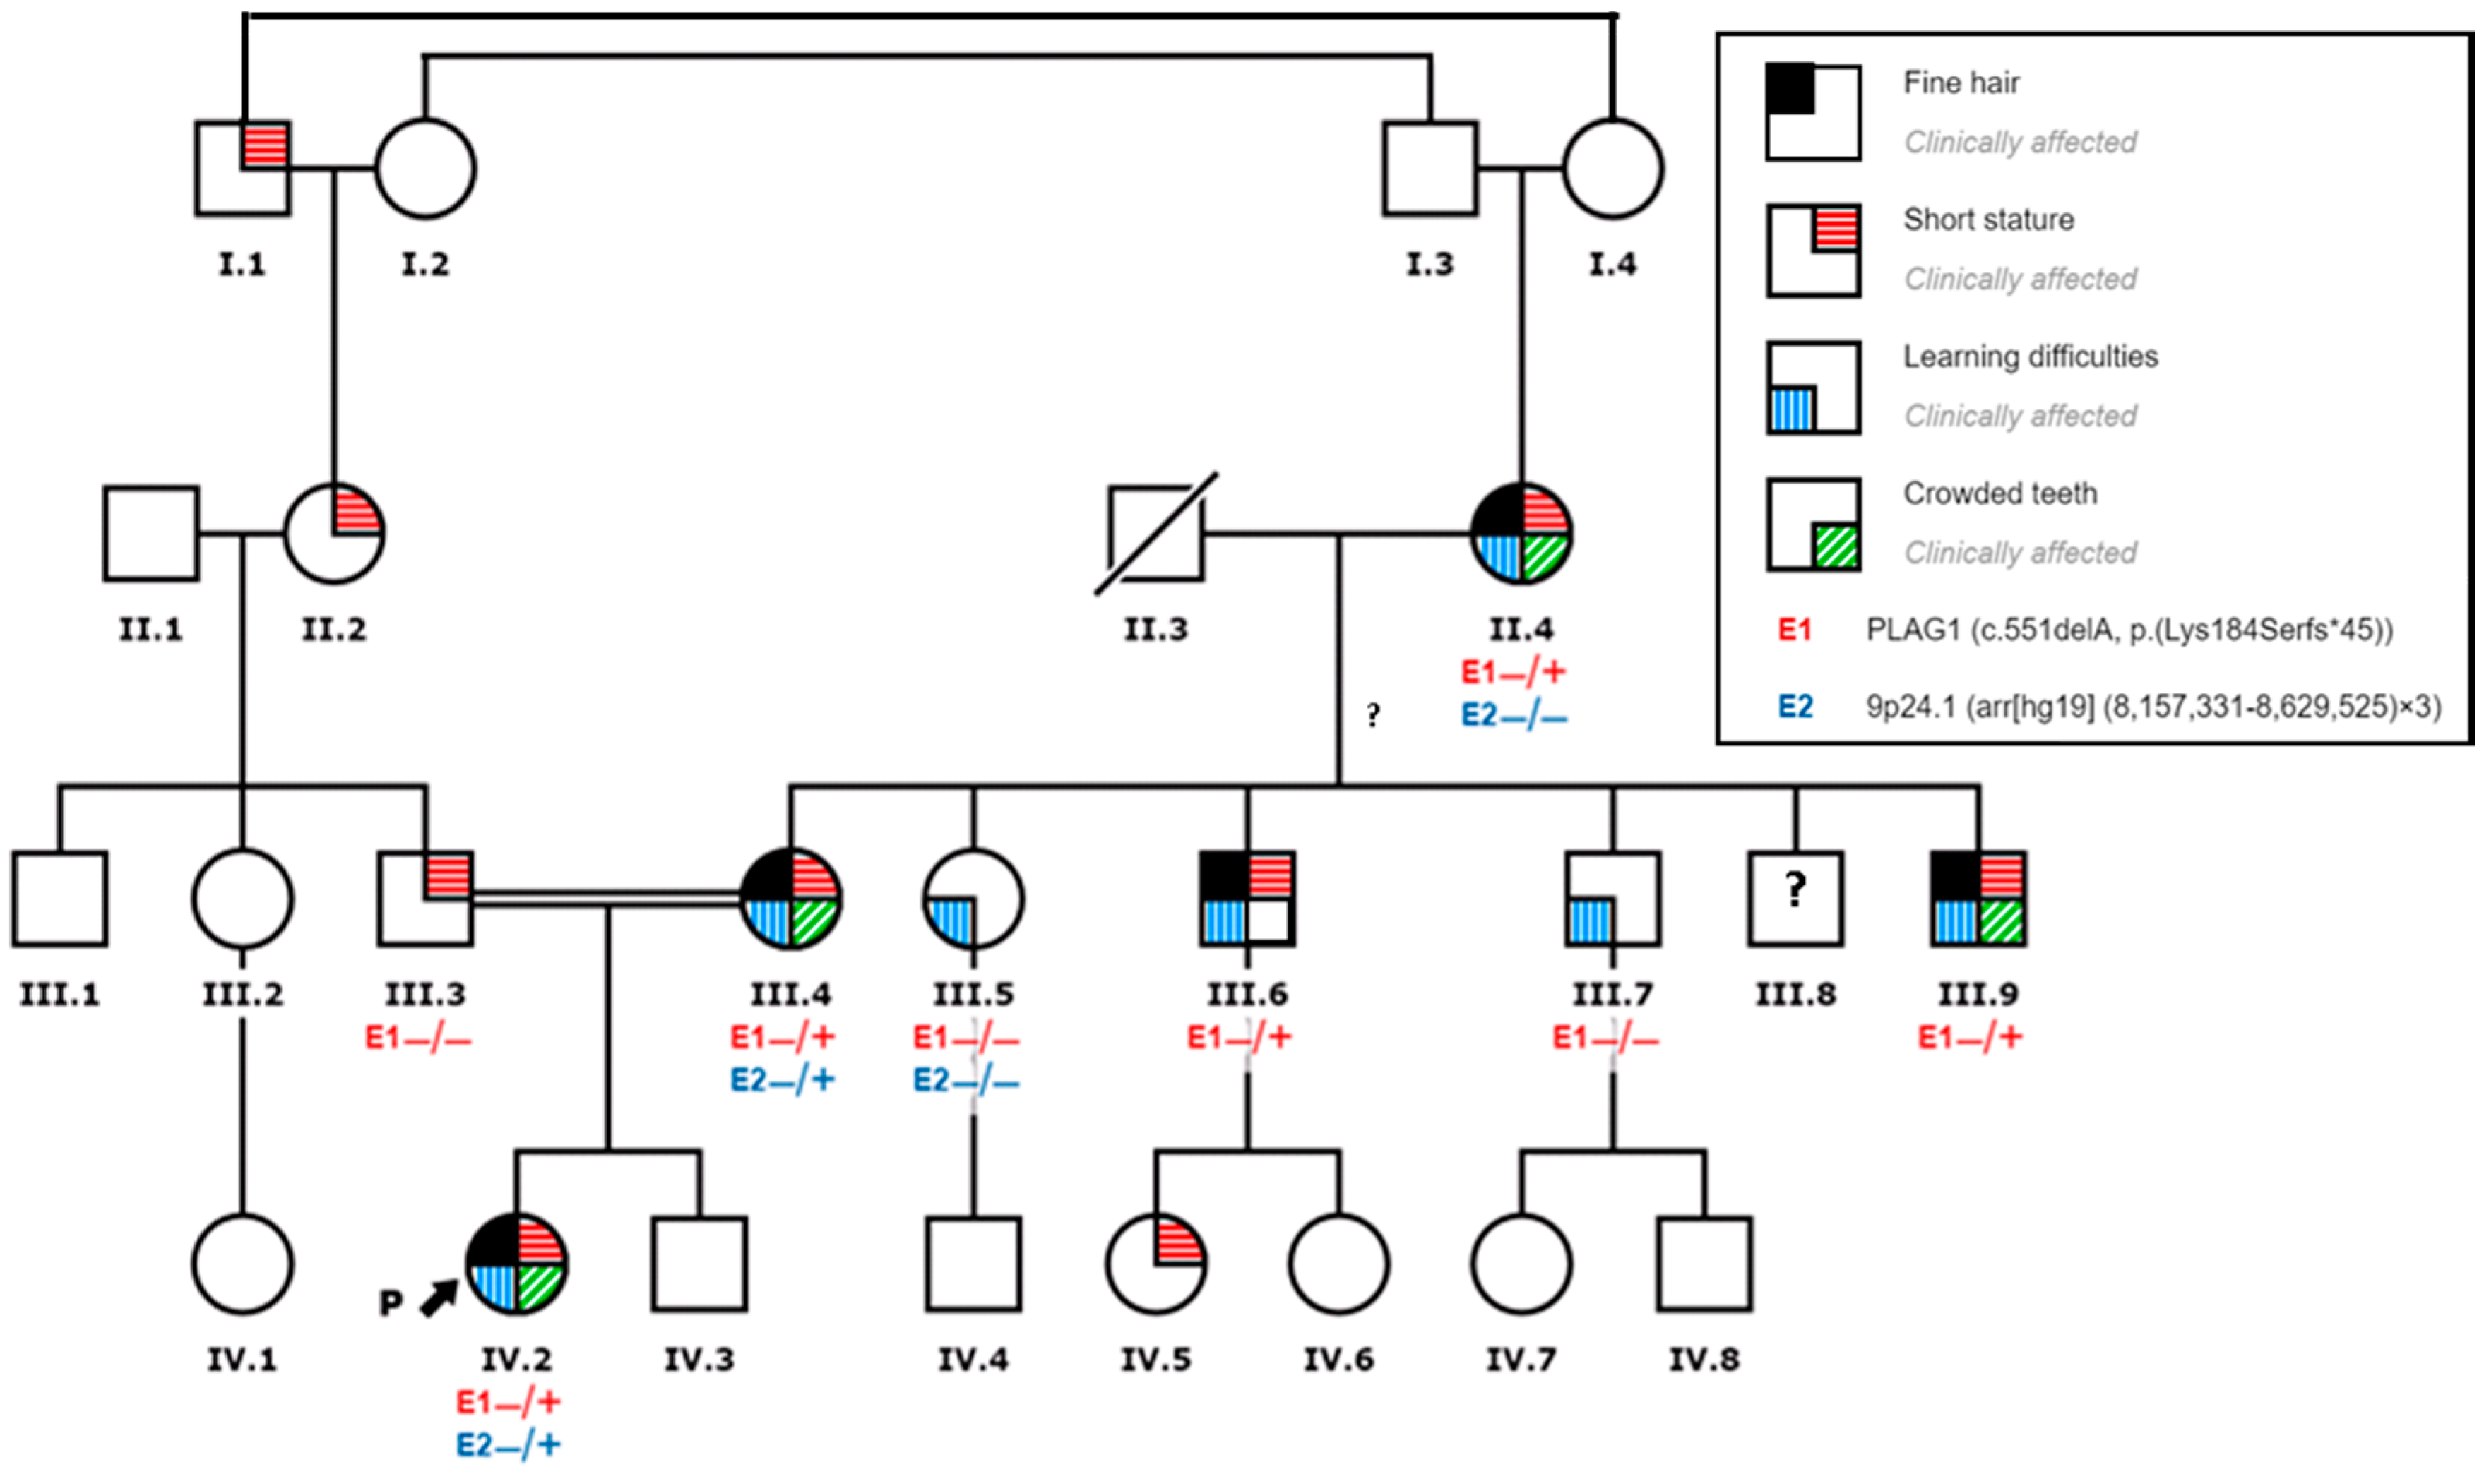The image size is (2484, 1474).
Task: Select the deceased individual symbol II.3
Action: (1155, 534)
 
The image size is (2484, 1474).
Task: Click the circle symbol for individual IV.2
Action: (517, 1264)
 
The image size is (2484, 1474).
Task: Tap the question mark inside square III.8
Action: (1795, 889)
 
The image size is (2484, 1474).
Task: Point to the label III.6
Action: (1247, 994)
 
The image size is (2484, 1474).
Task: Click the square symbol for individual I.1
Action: (242, 169)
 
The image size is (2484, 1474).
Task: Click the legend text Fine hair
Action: (1961, 83)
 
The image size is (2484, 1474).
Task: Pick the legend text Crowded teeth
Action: (1999, 493)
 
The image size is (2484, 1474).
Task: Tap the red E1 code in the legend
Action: (1795, 630)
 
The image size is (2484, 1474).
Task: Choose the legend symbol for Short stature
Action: (1812, 251)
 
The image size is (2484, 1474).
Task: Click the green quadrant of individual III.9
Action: (2001, 922)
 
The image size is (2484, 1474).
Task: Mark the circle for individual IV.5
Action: (1155, 1264)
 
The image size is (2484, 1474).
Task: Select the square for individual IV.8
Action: (1704, 1264)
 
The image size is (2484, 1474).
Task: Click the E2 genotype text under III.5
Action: (965, 1079)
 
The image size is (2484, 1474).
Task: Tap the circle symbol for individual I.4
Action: (1612, 169)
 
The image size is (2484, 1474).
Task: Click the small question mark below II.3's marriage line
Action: (1372, 714)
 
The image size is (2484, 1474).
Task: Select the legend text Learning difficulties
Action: (2030, 356)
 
